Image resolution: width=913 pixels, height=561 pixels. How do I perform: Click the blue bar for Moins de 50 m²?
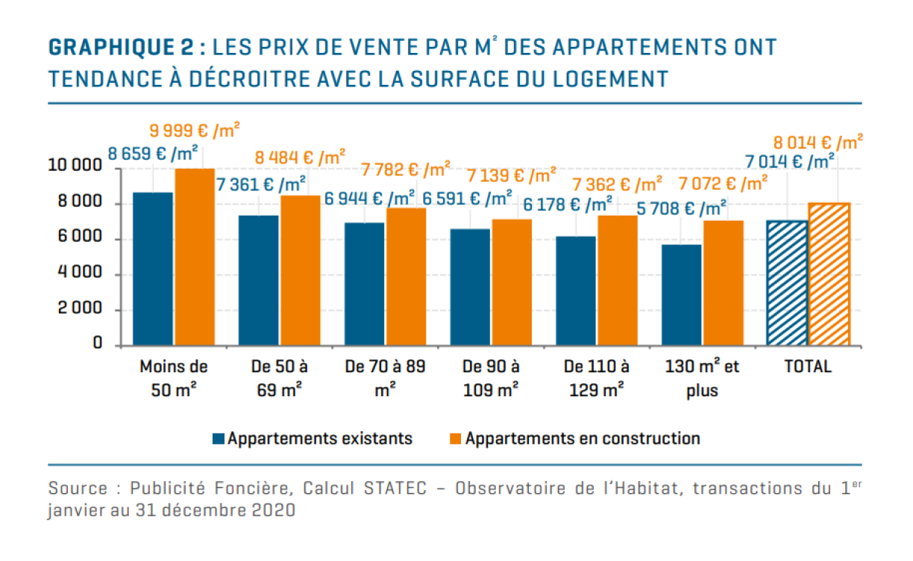153,269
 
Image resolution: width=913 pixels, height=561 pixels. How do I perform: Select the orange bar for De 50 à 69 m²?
301,270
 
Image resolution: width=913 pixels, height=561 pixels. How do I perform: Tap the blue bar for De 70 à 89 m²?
365,283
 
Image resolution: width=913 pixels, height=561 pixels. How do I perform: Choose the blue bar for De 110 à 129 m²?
576,291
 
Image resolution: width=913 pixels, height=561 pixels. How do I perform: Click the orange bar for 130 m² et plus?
723,283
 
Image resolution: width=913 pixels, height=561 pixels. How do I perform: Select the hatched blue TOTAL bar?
788,283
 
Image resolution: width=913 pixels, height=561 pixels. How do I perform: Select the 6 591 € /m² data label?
468,198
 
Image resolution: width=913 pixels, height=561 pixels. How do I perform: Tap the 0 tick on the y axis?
97,344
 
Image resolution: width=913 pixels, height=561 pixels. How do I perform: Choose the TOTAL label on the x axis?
808,367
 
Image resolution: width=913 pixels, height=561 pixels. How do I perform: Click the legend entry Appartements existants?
319,439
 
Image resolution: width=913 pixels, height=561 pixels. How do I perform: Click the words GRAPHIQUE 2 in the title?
122,48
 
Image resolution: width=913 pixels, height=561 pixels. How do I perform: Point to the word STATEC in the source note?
395,489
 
